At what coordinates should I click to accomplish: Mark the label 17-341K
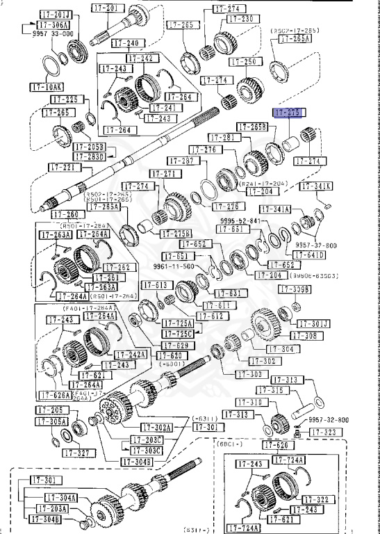point(316,186)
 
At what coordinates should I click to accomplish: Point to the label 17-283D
point(91,156)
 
